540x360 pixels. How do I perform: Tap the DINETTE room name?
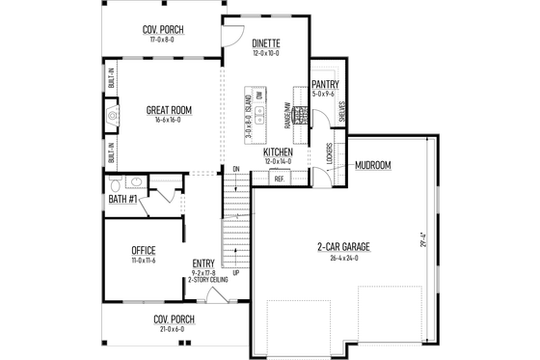[x=266, y=43]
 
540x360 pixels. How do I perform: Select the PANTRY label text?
[x=324, y=85]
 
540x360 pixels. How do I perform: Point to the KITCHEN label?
[x=278, y=152]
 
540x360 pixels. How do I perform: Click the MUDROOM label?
[x=372, y=165]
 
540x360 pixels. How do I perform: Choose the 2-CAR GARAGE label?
[x=343, y=247]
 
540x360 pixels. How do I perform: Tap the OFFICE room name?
[x=142, y=251]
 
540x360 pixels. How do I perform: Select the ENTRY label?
[x=203, y=263]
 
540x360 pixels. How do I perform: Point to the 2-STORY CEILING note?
[x=205, y=281]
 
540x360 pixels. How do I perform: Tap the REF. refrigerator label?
[x=279, y=180]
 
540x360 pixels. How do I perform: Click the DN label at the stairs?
[x=235, y=171]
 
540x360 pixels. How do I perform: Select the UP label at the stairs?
[x=236, y=271]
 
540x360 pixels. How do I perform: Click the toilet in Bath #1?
[x=116, y=182]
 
